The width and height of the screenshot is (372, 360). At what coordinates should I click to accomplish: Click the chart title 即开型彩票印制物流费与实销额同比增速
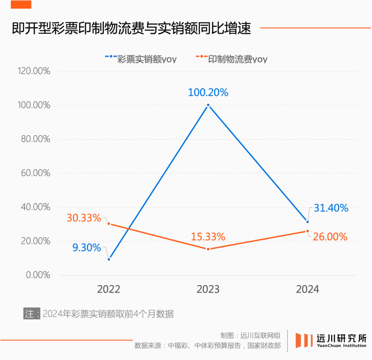[x=131, y=28]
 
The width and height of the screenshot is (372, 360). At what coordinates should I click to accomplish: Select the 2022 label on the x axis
[x=108, y=289]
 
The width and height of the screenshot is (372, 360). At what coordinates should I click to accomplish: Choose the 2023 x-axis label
[x=208, y=289]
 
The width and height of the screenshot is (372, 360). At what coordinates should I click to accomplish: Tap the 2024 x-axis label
[x=308, y=289]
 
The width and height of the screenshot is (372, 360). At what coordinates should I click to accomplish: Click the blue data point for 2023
[x=208, y=105]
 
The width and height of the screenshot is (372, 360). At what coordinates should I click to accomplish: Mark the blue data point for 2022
[x=109, y=259]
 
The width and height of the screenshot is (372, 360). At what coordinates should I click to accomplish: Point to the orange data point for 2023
[x=208, y=249]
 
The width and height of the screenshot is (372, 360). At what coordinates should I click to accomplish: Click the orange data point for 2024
[x=308, y=231]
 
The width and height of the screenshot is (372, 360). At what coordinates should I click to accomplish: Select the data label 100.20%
[x=208, y=93]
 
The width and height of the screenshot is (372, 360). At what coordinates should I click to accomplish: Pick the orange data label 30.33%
[x=84, y=218]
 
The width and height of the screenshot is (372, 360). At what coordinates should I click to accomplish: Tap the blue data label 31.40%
[x=331, y=208]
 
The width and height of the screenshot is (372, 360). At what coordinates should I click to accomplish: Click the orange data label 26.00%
[x=330, y=237]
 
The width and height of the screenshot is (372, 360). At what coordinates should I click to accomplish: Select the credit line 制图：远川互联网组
[x=250, y=335]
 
